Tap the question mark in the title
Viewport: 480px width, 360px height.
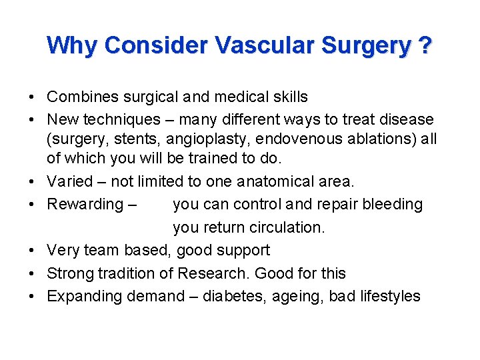point(424,45)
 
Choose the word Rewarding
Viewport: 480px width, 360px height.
point(86,204)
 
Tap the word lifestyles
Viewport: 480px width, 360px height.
point(389,296)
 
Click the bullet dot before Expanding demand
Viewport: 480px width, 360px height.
point(32,297)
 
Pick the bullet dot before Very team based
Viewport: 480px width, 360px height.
point(32,251)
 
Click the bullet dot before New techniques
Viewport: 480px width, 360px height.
point(32,120)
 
